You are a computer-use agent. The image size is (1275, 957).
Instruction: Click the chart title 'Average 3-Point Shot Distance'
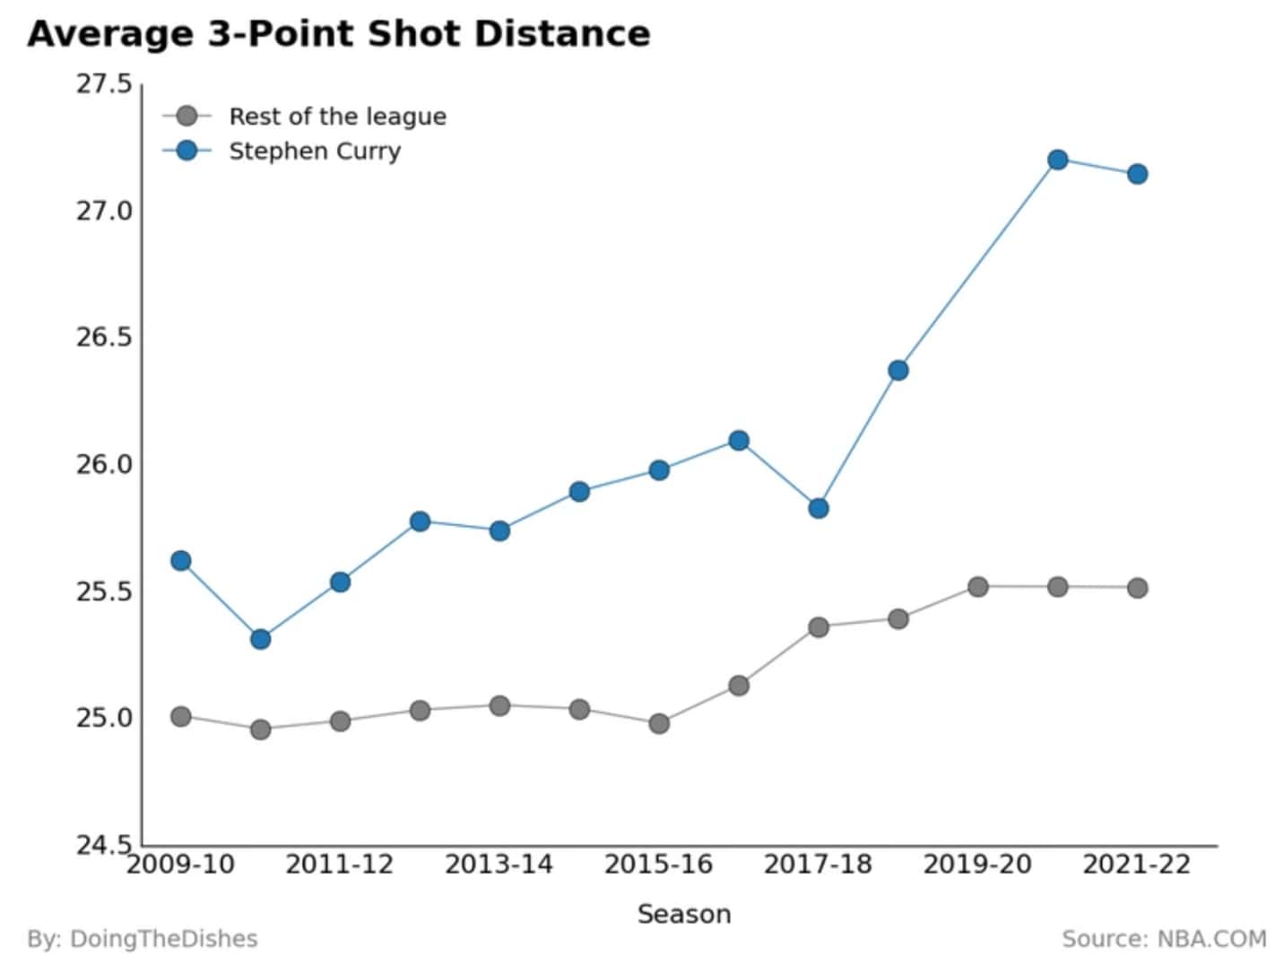tap(339, 34)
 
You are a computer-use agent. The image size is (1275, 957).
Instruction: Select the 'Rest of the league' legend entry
tap(304, 116)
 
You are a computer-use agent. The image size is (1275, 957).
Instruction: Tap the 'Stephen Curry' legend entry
tap(282, 151)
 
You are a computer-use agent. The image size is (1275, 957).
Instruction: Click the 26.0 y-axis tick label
tap(104, 465)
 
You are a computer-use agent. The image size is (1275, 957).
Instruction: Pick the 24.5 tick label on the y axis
tap(104, 846)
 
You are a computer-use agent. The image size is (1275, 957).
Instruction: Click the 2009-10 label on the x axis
tap(180, 866)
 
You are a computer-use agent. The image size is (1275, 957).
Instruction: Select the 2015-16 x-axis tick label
tap(658, 866)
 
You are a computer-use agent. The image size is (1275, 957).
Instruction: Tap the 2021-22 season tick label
tap(1137, 866)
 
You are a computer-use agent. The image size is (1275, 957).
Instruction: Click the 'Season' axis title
tap(684, 915)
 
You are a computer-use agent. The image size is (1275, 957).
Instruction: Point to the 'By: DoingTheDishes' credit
tap(143, 939)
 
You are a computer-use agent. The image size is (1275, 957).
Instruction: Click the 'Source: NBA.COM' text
tap(1164, 939)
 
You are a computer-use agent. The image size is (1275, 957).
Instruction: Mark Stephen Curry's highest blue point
tap(1058, 159)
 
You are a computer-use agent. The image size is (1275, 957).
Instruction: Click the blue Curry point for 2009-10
tap(180, 561)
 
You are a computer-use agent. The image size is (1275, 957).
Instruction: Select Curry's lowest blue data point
tap(260, 639)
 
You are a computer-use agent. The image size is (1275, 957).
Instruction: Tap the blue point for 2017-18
tap(818, 508)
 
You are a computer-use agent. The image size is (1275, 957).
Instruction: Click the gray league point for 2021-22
tap(1137, 588)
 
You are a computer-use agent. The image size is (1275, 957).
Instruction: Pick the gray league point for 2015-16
tap(659, 724)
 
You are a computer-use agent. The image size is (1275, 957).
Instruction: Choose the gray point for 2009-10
tap(180, 716)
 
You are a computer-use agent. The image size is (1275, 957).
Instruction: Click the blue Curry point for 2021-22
tap(1137, 174)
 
